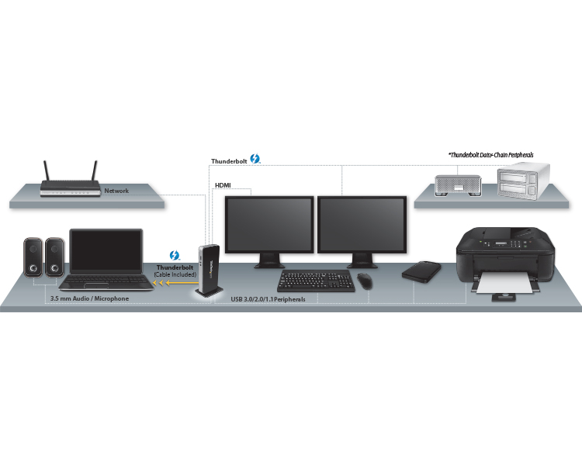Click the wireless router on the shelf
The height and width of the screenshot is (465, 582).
pos(71,188)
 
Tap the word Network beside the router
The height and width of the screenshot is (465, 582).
pos(116,191)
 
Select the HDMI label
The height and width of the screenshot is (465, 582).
pos(223,185)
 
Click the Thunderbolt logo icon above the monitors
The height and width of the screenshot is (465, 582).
pos(255,159)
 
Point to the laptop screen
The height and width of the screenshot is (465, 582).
pos(106,251)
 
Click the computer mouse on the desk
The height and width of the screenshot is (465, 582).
pos(365,280)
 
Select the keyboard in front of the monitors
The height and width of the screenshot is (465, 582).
pos(316,281)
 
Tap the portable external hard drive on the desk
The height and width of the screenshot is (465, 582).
pos(421,272)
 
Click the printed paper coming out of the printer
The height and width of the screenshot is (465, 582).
pos(505,284)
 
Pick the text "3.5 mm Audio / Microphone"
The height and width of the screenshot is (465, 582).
pos(89,298)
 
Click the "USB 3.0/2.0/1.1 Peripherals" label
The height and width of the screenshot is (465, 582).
pos(268,299)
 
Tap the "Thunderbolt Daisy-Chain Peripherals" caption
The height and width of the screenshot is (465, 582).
pos(491,155)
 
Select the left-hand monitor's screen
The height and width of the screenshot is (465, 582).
pos(269,225)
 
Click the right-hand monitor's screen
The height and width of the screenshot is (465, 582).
pos(362,225)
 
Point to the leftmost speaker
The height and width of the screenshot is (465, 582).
pos(33,257)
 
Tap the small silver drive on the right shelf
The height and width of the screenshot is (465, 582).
pos(458,185)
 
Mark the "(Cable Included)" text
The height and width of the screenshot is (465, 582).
pos(175,274)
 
